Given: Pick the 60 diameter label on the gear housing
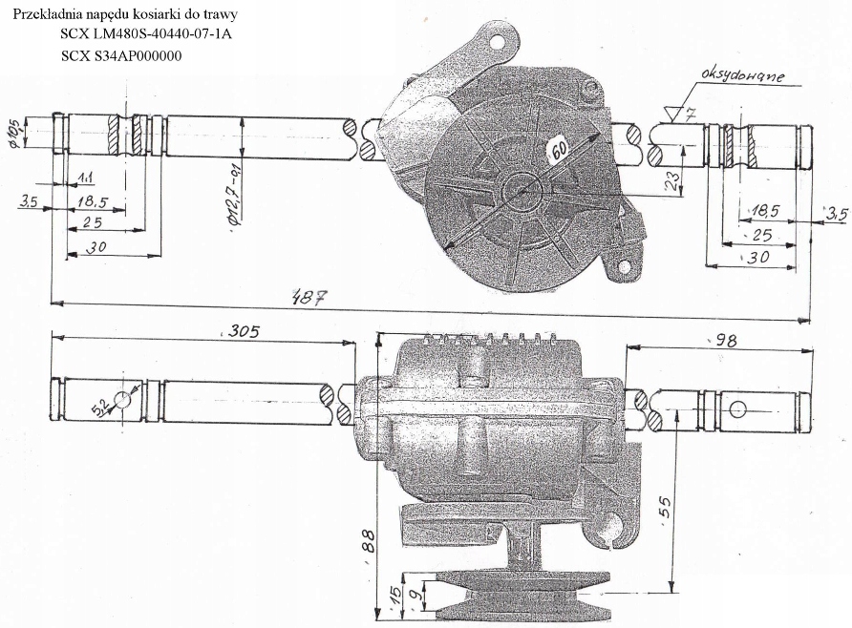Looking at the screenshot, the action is [x=558, y=150].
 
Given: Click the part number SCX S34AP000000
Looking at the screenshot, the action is [x=121, y=55].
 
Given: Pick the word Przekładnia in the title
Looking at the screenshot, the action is [x=47, y=14].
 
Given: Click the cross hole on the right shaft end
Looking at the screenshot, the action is [x=736, y=409].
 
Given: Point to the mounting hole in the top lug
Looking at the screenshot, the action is [x=496, y=41].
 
